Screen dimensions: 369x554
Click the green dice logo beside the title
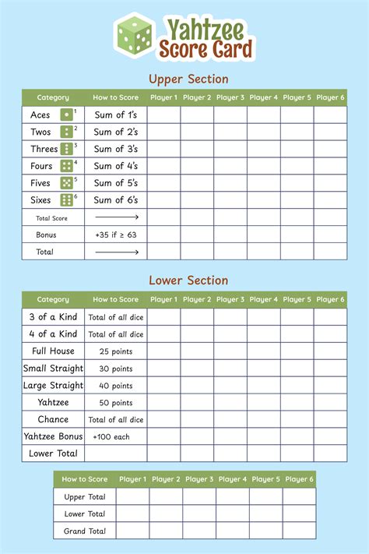(x=135, y=37)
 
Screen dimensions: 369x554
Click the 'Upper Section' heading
(x=188, y=79)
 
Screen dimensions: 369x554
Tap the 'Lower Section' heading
(x=188, y=281)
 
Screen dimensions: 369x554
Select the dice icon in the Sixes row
(x=67, y=200)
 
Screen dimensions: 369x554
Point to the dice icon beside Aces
(x=67, y=115)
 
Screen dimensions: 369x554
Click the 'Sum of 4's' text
(x=116, y=166)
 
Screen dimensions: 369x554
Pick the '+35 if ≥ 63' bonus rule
(x=116, y=235)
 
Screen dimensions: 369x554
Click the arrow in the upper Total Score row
(x=116, y=217)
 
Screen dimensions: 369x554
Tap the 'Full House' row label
(x=53, y=351)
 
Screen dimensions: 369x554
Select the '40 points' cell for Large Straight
(x=116, y=385)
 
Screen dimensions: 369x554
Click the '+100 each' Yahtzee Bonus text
(x=116, y=436)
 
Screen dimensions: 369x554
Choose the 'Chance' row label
(x=53, y=419)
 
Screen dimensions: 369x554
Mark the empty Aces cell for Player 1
(x=163, y=115)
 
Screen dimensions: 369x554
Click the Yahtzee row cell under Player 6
(x=331, y=402)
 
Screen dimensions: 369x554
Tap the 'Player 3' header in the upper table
(x=230, y=97)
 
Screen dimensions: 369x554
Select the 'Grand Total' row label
(x=86, y=531)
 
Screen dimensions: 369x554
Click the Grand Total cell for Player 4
(x=233, y=531)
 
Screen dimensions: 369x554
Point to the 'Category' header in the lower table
(x=53, y=299)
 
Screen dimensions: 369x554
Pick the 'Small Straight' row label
(x=53, y=368)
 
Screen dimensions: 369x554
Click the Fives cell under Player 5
(x=297, y=183)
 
